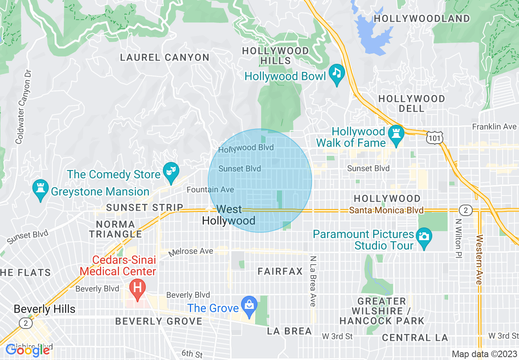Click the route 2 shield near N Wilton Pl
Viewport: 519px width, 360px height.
[x=465, y=210]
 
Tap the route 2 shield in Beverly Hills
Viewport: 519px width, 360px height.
[x=25, y=323]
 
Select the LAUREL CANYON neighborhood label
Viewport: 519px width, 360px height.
[x=165, y=58]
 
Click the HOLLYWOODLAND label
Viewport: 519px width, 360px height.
[x=422, y=19]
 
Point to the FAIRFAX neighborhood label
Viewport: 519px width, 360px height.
[x=280, y=271]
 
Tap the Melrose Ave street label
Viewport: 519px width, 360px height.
[x=191, y=252]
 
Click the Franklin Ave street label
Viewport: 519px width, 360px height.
[x=494, y=127]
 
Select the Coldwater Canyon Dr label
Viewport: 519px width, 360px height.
[x=23, y=107]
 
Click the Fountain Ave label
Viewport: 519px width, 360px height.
[x=210, y=190]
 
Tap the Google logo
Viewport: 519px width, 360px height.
[x=27, y=350]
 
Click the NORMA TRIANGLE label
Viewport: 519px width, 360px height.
[x=115, y=229]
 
